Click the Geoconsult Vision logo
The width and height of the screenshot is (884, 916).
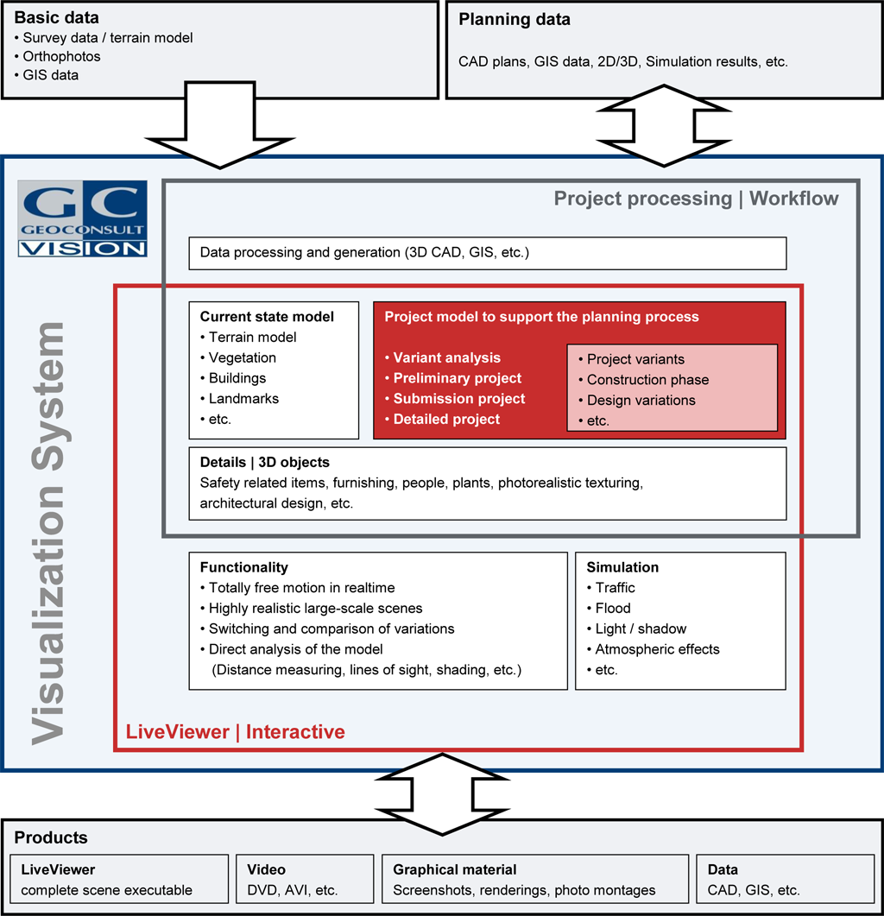click(82, 218)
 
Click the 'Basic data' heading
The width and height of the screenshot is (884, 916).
click(57, 17)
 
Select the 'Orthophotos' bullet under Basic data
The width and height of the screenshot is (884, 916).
click(62, 56)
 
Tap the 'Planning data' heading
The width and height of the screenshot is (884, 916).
click(515, 19)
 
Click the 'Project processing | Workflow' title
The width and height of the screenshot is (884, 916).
click(696, 199)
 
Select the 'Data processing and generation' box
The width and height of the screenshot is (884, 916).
click(487, 253)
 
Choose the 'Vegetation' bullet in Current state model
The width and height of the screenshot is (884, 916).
click(242, 357)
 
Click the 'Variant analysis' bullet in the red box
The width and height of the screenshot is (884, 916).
click(446, 357)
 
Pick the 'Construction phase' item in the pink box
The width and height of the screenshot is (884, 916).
click(647, 380)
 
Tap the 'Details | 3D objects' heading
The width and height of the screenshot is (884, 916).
click(264, 462)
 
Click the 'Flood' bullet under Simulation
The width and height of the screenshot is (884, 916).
click(613, 608)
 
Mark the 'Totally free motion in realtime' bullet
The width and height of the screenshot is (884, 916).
click(301, 587)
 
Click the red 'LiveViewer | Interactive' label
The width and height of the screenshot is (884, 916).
click(235, 732)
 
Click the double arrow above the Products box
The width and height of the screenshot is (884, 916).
click(442, 793)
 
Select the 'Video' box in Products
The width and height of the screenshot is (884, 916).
click(304, 879)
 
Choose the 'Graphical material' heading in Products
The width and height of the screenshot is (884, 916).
click(454, 869)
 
